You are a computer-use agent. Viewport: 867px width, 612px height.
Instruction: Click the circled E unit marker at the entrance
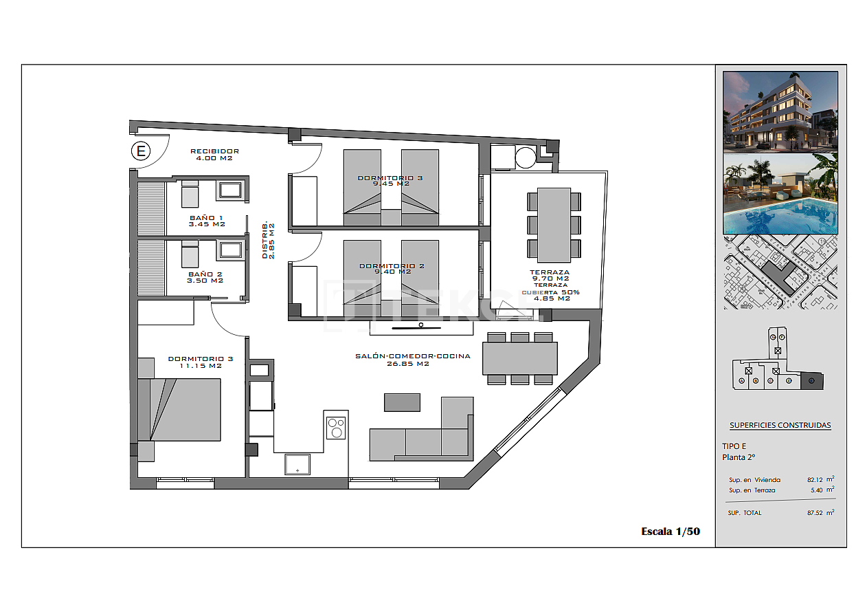[x=141, y=151]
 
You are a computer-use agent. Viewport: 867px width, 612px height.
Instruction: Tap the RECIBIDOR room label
[x=214, y=151]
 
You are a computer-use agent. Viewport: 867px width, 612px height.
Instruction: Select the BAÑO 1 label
[x=206, y=218]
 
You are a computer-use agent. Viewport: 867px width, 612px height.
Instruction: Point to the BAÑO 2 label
[x=205, y=274]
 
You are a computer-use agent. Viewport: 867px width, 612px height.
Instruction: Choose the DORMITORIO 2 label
[x=392, y=266]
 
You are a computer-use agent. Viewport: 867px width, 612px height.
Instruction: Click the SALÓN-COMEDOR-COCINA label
[x=412, y=356]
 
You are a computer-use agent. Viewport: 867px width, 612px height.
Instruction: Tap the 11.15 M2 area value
[x=201, y=366]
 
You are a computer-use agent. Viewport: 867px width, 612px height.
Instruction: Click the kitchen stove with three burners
[x=336, y=428]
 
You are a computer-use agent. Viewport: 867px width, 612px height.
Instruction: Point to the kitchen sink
[x=297, y=464]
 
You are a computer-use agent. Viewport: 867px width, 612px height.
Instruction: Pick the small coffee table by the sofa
[x=402, y=402]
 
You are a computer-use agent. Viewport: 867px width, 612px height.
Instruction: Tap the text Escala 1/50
[x=670, y=531]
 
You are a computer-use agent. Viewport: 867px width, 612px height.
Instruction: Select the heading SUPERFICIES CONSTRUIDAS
[x=780, y=425]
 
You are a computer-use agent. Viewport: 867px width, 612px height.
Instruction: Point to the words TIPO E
[x=734, y=446]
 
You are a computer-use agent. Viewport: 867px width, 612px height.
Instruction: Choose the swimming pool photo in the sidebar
[x=780, y=194]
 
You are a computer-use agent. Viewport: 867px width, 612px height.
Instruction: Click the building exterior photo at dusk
[x=780, y=111]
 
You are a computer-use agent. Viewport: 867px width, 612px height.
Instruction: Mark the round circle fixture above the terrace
[x=526, y=157]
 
